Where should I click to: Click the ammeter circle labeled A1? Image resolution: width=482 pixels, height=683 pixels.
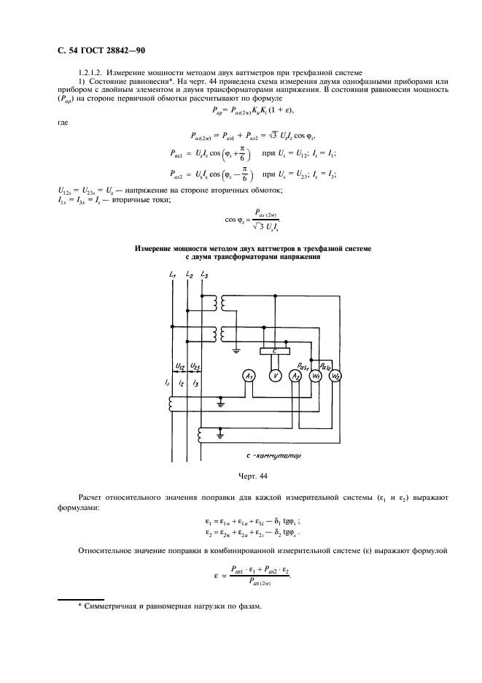coord(249,375)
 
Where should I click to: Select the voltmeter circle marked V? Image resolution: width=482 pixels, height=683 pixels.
coord(275,375)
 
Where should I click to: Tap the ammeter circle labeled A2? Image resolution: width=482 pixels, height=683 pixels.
coord(296,376)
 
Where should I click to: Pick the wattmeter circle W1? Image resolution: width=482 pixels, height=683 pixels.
coord(316,376)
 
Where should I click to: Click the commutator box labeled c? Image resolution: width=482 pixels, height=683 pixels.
coord(274,352)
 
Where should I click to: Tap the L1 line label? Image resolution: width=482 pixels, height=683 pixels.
coord(171,274)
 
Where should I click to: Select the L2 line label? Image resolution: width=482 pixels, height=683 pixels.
coord(189,274)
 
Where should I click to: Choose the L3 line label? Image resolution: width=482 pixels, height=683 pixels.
coord(204,274)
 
